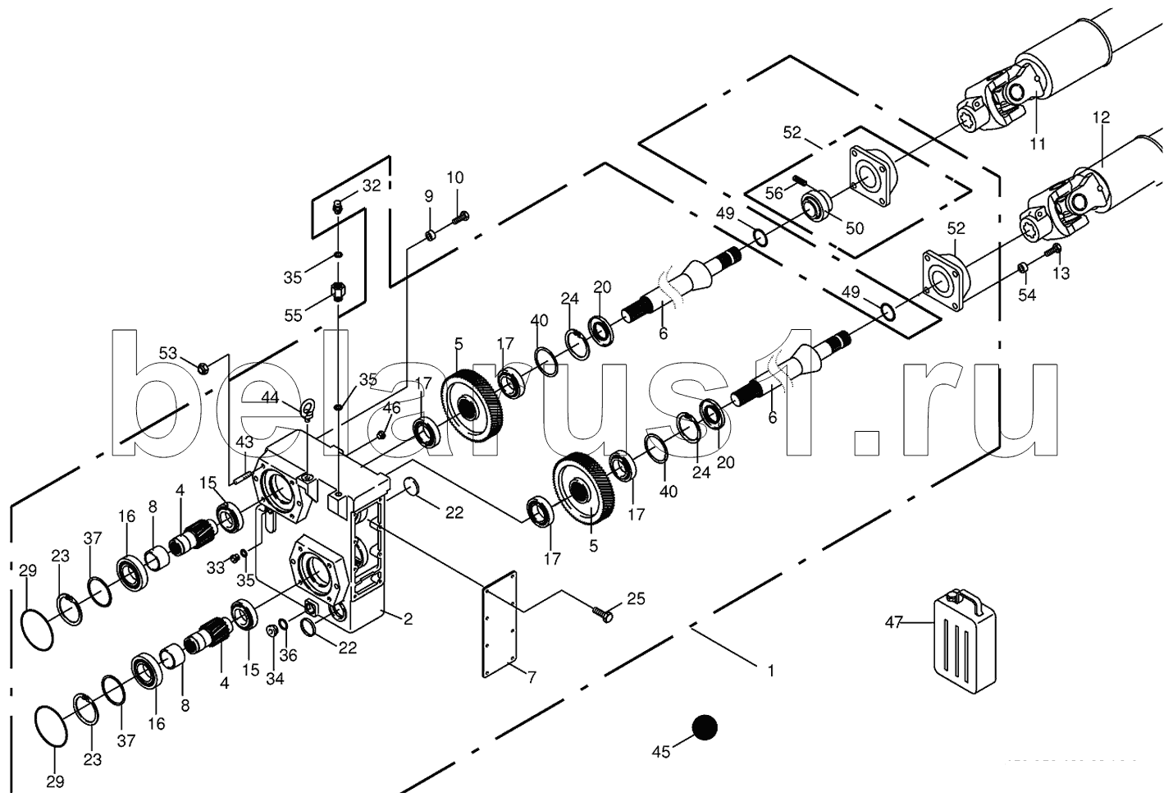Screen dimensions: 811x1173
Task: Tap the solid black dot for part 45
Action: tap(704, 727)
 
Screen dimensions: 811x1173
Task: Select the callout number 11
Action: tap(1038, 144)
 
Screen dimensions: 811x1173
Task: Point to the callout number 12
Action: tap(1101, 117)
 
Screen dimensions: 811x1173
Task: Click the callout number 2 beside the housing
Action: tap(408, 619)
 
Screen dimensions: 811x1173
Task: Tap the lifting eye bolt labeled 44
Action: tap(308, 407)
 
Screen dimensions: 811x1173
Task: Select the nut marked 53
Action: tap(205, 365)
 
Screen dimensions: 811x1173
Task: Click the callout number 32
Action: tap(371, 186)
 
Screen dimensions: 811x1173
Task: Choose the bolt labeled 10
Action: tap(463, 217)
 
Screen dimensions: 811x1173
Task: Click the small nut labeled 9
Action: tap(429, 237)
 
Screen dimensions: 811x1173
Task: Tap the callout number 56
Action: tap(774, 192)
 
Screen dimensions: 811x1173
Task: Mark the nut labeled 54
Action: tap(1023, 268)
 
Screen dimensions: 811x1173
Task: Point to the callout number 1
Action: tap(769, 671)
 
